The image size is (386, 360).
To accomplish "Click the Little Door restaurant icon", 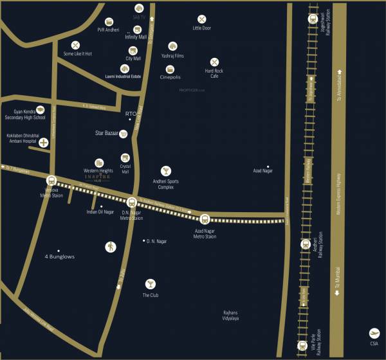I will point(202,20).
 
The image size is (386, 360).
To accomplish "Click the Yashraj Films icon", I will point(172,46).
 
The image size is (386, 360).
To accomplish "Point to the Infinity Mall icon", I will point(137,30).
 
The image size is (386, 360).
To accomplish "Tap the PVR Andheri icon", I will point(109,22).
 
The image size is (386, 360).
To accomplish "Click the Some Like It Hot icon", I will point(76,45).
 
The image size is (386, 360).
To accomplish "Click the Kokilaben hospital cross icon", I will point(44,142).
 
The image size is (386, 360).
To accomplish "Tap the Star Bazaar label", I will point(107,134).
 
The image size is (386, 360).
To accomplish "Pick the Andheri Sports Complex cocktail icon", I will point(166,170).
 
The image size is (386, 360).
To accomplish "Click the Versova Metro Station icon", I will point(51,181).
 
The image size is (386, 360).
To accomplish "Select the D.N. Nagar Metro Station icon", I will point(132,201).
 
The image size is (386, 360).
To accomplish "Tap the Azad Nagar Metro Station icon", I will point(205,219).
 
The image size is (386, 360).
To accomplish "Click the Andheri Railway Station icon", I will point(306,244).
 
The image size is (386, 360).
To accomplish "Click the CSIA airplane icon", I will point(374,333).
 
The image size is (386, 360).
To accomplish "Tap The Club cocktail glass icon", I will point(150,283).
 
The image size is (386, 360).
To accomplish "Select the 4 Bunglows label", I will point(59,256).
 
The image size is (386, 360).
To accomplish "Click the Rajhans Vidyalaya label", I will point(231,315).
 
